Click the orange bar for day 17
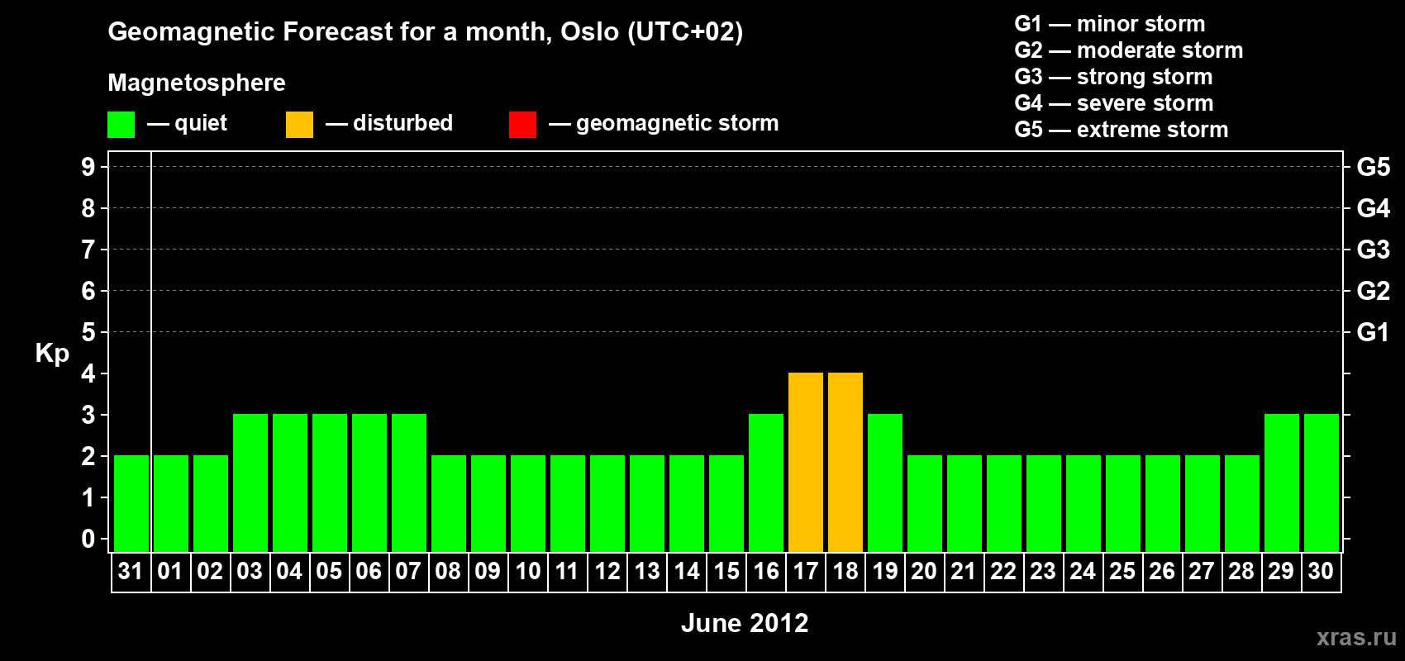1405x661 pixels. [805, 462]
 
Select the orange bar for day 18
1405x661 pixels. [845, 462]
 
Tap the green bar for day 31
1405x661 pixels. [131, 503]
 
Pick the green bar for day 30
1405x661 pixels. [1321, 483]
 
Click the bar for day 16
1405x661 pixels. [766, 483]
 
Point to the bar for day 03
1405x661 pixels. [250, 483]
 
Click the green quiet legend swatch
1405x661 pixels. [121, 124]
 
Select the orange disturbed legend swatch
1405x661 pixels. [299, 124]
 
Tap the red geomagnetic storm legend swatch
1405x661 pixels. [523, 124]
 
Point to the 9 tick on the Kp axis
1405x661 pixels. [88, 167]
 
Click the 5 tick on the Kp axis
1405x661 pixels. [88, 332]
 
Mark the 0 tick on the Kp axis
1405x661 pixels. [88, 539]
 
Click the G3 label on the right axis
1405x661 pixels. [1373, 250]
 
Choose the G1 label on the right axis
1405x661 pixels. [1373, 332]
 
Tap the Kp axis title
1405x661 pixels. [52, 354]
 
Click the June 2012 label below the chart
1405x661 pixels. [745, 623]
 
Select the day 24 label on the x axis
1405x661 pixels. [1083, 571]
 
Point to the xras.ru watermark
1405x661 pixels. [1356, 637]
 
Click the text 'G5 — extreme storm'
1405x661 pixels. [1121, 130]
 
